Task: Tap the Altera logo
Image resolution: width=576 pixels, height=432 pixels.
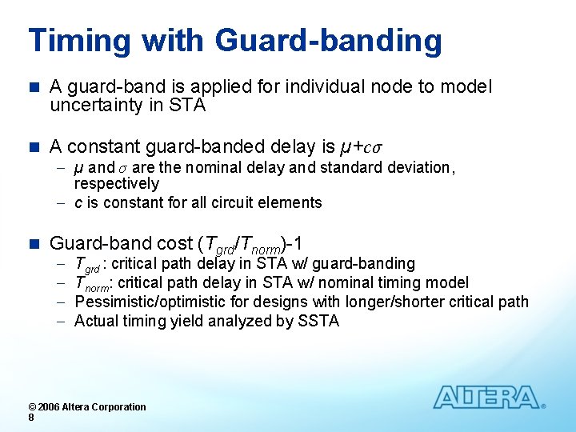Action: pos(487,398)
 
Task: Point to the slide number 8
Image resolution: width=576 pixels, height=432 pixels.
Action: pos(30,418)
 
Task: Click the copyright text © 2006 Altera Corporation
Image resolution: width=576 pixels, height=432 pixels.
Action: pos(87,406)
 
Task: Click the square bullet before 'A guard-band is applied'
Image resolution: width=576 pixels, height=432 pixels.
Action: pos(33,86)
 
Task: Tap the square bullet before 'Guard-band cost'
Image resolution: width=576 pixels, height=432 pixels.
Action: pos(33,243)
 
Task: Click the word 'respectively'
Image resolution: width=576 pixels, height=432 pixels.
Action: pos(117,184)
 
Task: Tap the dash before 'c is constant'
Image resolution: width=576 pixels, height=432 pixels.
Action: pos(62,203)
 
